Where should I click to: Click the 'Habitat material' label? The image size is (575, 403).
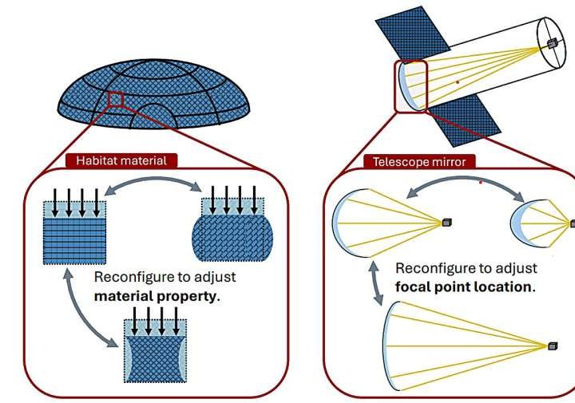click(x=121, y=160)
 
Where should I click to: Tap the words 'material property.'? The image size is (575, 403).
click(x=157, y=294)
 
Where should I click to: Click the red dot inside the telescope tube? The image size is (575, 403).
click(x=458, y=81)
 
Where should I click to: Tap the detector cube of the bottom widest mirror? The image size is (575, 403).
click(x=552, y=346)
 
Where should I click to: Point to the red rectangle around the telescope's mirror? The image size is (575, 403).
click(x=411, y=84)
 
